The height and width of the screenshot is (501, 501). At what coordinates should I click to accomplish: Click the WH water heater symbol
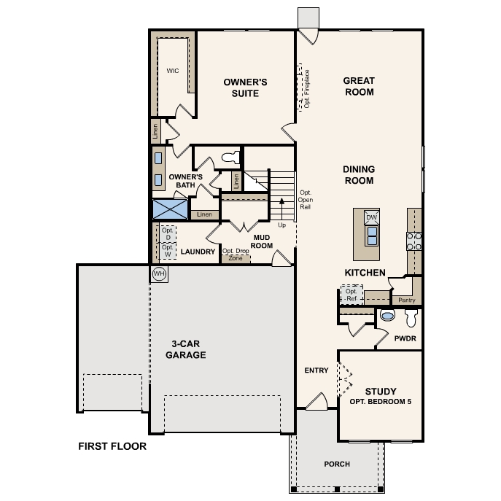(x=159, y=273)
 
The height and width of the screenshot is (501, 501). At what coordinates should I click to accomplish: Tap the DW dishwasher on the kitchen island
(x=372, y=217)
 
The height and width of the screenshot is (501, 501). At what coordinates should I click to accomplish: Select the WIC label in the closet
(x=173, y=71)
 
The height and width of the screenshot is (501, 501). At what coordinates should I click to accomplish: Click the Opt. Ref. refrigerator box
(x=352, y=295)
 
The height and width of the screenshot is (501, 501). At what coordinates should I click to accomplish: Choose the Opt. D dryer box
(x=168, y=234)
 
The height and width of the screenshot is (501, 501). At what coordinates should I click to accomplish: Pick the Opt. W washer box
(x=168, y=251)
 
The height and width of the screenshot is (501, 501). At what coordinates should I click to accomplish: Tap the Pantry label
(x=407, y=300)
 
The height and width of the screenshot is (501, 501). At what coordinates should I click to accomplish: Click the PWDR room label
(x=405, y=338)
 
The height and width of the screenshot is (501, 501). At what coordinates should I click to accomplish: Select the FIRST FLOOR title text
(x=112, y=446)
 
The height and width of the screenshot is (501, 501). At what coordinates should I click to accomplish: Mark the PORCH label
(x=337, y=464)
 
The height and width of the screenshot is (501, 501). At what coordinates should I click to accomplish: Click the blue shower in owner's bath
(x=171, y=209)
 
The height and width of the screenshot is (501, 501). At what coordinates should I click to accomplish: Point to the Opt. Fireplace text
(x=307, y=89)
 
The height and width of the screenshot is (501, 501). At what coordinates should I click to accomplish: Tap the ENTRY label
(x=316, y=370)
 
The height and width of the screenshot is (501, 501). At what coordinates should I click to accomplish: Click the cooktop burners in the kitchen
(x=414, y=241)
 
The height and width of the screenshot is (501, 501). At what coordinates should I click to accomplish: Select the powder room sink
(x=387, y=315)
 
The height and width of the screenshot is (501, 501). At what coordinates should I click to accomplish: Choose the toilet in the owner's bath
(x=230, y=158)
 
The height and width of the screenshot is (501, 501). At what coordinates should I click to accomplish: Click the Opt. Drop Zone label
(x=236, y=255)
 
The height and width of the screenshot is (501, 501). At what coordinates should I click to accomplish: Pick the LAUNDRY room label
(x=198, y=252)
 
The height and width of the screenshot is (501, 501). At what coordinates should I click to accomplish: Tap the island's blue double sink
(x=372, y=236)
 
